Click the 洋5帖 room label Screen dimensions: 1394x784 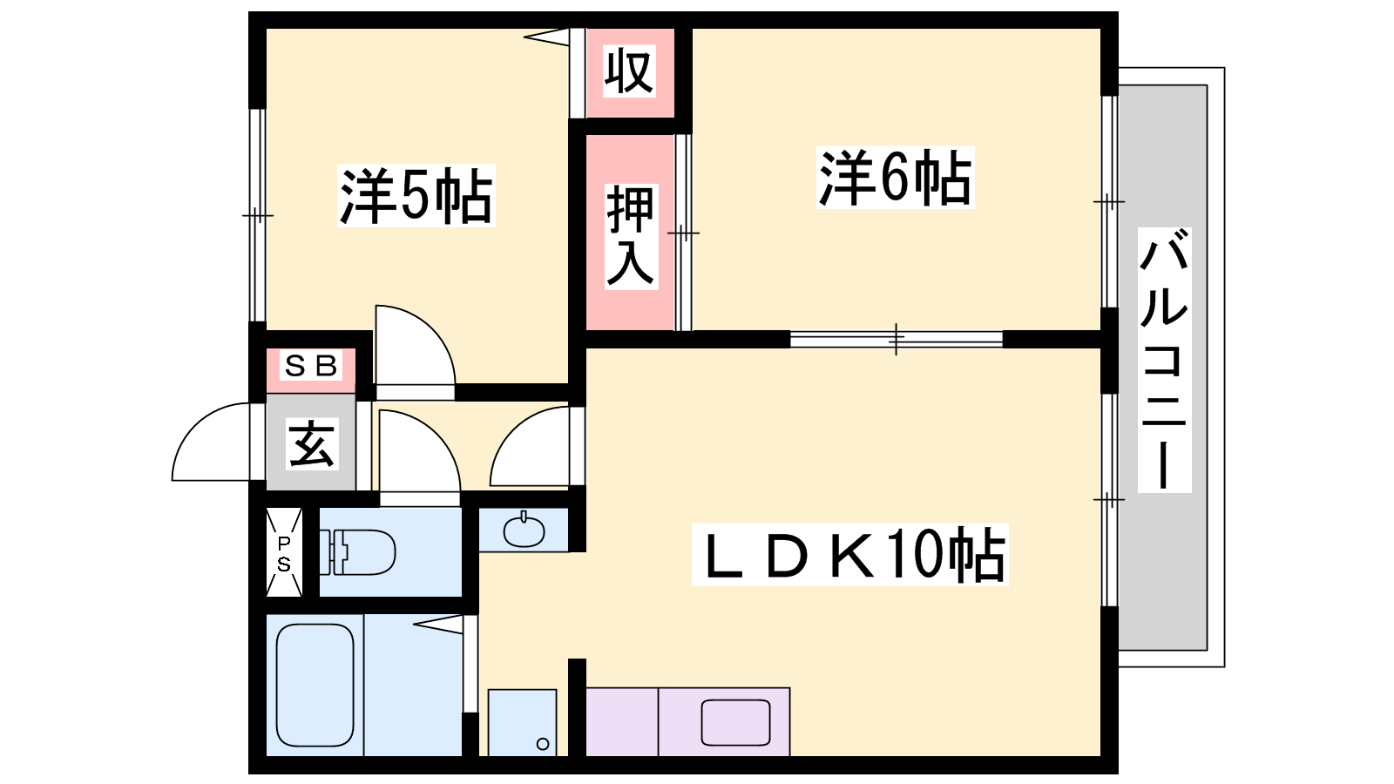pos(416,195)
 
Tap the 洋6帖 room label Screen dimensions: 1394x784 pos(895,178)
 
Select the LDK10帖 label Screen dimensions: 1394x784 pos(850,555)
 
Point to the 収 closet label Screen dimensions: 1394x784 pos(629,71)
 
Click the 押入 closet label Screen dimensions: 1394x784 pos(631,236)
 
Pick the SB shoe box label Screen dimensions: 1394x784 pos(310,366)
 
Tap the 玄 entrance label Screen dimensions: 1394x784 pos(312,443)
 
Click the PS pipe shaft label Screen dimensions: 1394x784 pos(284,554)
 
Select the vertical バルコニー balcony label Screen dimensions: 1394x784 pos(1164,360)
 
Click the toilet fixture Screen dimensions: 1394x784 pos(357,552)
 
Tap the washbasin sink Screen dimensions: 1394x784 pos(524,531)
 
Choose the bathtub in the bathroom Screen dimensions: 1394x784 pos(315,685)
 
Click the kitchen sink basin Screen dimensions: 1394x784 pos(735,722)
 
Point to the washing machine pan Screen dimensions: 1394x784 pos(522,722)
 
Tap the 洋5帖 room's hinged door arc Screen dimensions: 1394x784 pos(433,330)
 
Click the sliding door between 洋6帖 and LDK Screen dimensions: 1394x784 pos(897,339)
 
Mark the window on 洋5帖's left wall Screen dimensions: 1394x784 pos(257,215)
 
